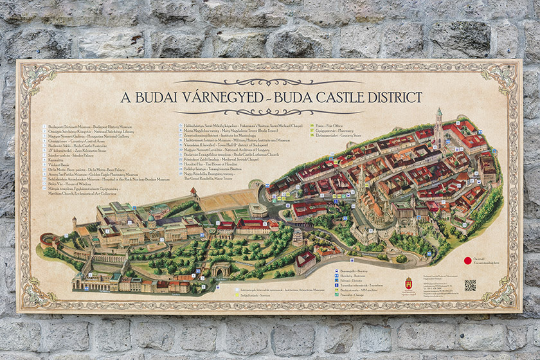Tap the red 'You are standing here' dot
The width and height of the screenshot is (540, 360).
click(x=468, y=261)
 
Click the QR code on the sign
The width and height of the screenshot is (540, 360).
click(x=470, y=284)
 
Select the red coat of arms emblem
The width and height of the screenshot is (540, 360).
click(x=408, y=283)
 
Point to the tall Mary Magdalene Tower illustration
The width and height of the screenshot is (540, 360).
click(x=438, y=125)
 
